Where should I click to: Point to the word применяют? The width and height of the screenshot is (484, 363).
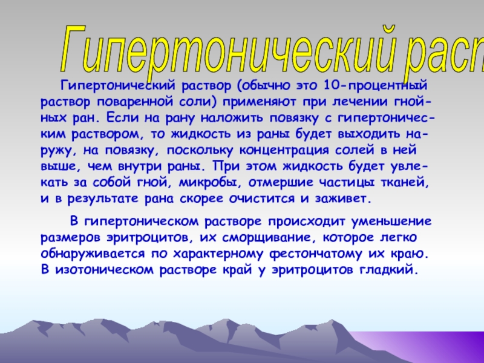(x=260, y=102)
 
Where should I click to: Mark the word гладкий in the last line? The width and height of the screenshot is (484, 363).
(x=388, y=270)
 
